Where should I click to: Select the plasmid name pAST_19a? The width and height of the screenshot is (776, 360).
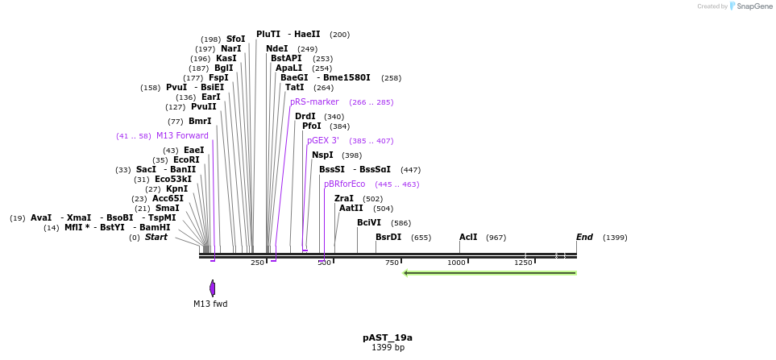[x=388, y=337]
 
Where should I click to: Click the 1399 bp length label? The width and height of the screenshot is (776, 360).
[x=388, y=347]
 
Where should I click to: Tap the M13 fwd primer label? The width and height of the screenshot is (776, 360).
[x=210, y=304]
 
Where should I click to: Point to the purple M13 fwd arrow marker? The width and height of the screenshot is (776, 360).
[x=212, y=288]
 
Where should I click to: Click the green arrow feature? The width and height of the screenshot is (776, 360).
[x=489, y=272]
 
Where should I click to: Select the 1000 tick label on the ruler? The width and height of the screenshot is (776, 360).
[x=456, y=263]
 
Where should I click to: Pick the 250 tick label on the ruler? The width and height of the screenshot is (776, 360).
[x=257, y=263]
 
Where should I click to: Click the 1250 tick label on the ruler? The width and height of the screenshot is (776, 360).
[x=523, y=263]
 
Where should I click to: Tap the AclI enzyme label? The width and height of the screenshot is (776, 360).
[x=468, y=237]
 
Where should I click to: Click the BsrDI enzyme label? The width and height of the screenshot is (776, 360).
[x=388, y=237]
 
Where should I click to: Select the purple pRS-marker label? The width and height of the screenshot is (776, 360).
[x=314, y=102]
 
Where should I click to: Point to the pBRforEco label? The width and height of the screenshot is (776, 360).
[x=344, y=184]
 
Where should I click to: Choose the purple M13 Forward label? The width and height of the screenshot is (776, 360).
[x=182, y=135]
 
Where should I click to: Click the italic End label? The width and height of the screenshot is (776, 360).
[x=584, y=237]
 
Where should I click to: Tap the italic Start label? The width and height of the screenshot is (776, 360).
[x=156, y=237]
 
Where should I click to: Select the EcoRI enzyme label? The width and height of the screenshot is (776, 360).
[x=186, y=159]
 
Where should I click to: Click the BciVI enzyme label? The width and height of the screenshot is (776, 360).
[x=369, y=222]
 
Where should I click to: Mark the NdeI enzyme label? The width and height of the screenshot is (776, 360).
[x=276, y=48]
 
